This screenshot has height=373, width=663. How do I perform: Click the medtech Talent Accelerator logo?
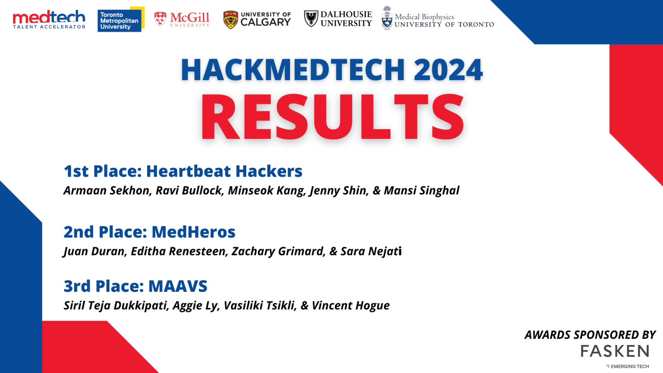point(49,19)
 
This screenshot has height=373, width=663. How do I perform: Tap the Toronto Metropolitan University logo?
point(121,19)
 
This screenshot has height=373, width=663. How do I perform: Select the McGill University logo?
point(182,19)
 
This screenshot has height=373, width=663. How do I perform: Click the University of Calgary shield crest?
point(230,19)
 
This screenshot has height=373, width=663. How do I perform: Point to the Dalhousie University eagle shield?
point(311,19)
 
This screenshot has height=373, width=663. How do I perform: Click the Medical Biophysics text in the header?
point(424,17)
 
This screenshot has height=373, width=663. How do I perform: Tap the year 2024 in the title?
point(448,70)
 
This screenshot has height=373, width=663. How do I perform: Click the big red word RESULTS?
point(332,116)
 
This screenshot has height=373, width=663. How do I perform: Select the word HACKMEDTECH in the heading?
point(293,70)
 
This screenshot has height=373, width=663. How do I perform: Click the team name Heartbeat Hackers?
point(224,171)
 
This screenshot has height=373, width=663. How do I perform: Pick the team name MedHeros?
point(194,232)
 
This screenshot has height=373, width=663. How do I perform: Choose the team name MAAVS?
point(178,286)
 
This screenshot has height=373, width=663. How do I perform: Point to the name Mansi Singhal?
point(421,190)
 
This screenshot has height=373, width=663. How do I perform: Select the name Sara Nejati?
point(371,251)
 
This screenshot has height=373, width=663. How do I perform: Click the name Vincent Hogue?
point(351,305)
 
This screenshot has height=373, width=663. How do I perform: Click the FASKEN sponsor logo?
point(615,351)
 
